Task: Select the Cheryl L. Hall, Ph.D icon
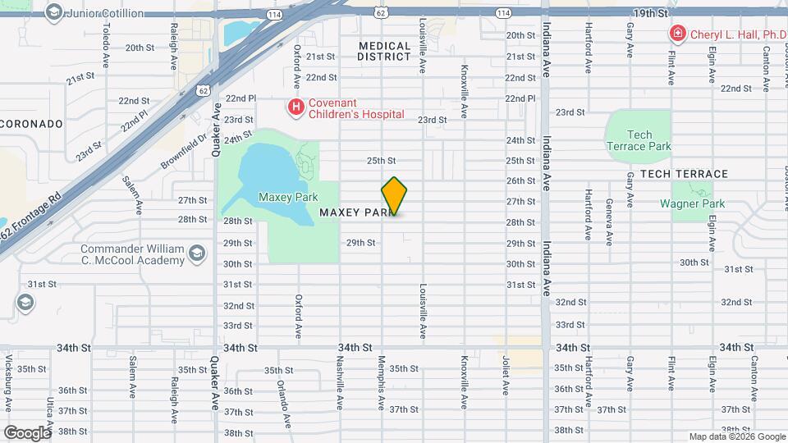[x=678, y=34]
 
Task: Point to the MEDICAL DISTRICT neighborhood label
[x=384, y=51]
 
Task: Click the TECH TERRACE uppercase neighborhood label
[x=684, y=174]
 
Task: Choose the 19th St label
[x=651, y=14]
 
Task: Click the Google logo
[x=26, y=432]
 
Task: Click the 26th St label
[x=520, y=180]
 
